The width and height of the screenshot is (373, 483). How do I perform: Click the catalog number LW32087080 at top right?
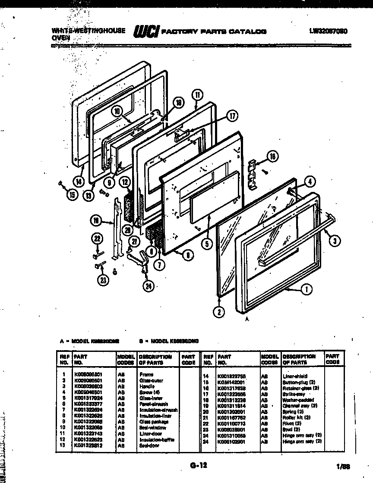[329, 31]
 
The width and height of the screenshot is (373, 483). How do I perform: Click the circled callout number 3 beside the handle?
[334, 241]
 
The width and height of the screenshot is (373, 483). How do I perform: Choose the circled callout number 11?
[196, 96]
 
